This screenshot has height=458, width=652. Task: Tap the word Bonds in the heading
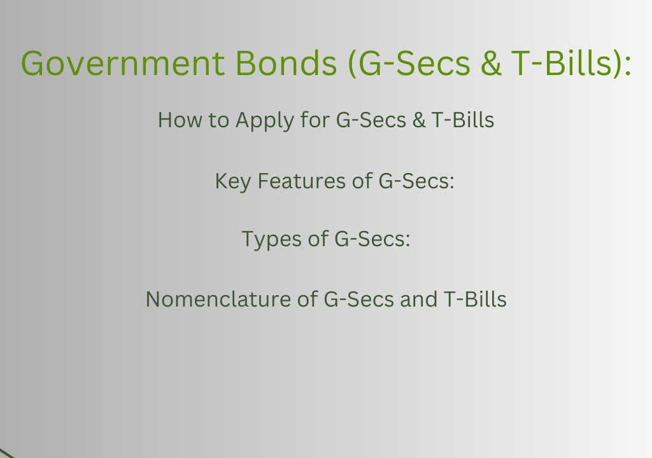(x=286, y=63)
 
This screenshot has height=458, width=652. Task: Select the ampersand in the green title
(x=491, y=63)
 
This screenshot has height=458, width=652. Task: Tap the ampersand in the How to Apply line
(x=419, y=120)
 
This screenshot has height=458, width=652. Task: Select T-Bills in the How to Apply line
(x=463, y=120)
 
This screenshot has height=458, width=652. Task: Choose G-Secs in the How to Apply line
(x=371, y=120)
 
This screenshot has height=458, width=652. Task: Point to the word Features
(x=301, y=181)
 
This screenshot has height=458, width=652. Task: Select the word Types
(x=271, y=240)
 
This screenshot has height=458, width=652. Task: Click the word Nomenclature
(x=218, y=299)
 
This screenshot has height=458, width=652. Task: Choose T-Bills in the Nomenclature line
(x=475, y=299)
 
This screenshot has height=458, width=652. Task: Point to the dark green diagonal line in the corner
(x=7, y=454)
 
